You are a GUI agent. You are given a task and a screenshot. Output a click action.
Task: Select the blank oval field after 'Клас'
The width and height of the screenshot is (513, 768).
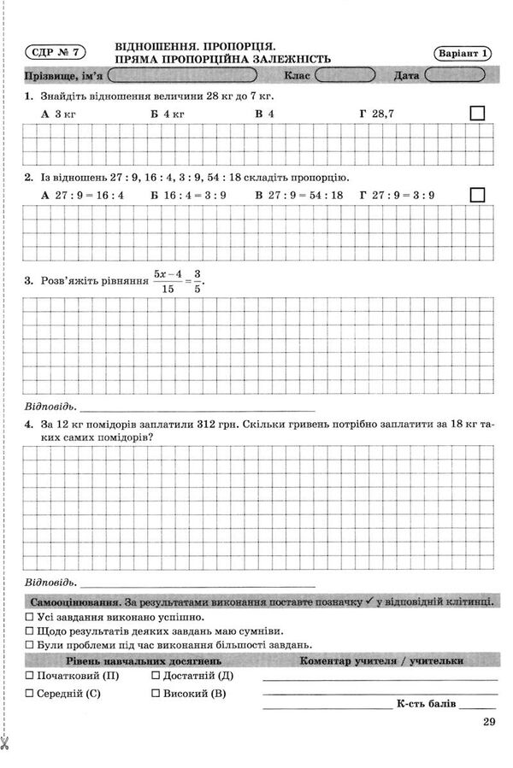pos(347,75)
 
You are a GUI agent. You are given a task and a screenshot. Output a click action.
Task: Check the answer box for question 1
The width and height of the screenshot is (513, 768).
pos(477,113)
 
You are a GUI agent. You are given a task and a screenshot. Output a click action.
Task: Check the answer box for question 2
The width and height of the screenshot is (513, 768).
pos(477,195)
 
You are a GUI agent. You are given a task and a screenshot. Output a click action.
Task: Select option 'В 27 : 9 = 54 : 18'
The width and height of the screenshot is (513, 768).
pos(298,195)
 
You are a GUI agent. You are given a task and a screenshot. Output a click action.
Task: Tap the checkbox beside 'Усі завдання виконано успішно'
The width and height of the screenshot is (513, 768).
pos(30,617)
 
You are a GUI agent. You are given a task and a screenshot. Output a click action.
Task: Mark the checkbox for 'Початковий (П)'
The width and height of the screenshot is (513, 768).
pos(30,676)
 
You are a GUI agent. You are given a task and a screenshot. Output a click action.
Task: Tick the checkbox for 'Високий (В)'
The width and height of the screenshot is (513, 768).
pos(155,694)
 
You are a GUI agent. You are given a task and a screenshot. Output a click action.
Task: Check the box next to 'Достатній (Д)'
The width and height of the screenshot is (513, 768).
pos(155,676)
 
